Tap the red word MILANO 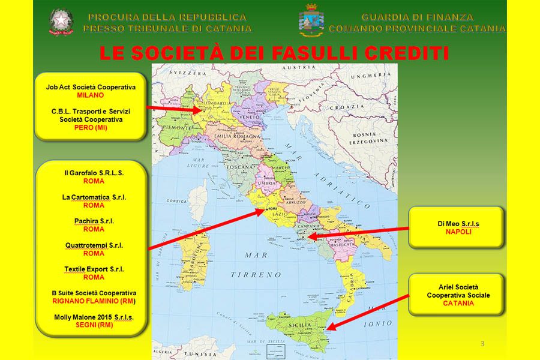coord(91,95)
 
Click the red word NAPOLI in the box coord(458,231)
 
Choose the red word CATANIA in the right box coord(458,303)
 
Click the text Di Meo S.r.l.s coord(458,223)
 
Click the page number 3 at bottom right coord(482,343)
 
